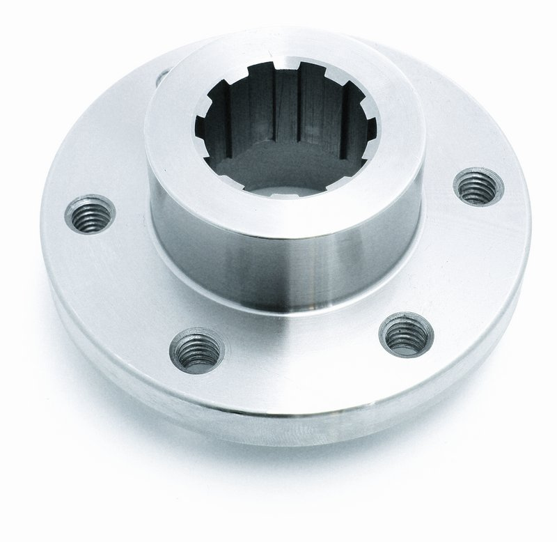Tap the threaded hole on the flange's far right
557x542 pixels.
478,186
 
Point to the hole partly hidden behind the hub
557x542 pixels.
162,75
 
